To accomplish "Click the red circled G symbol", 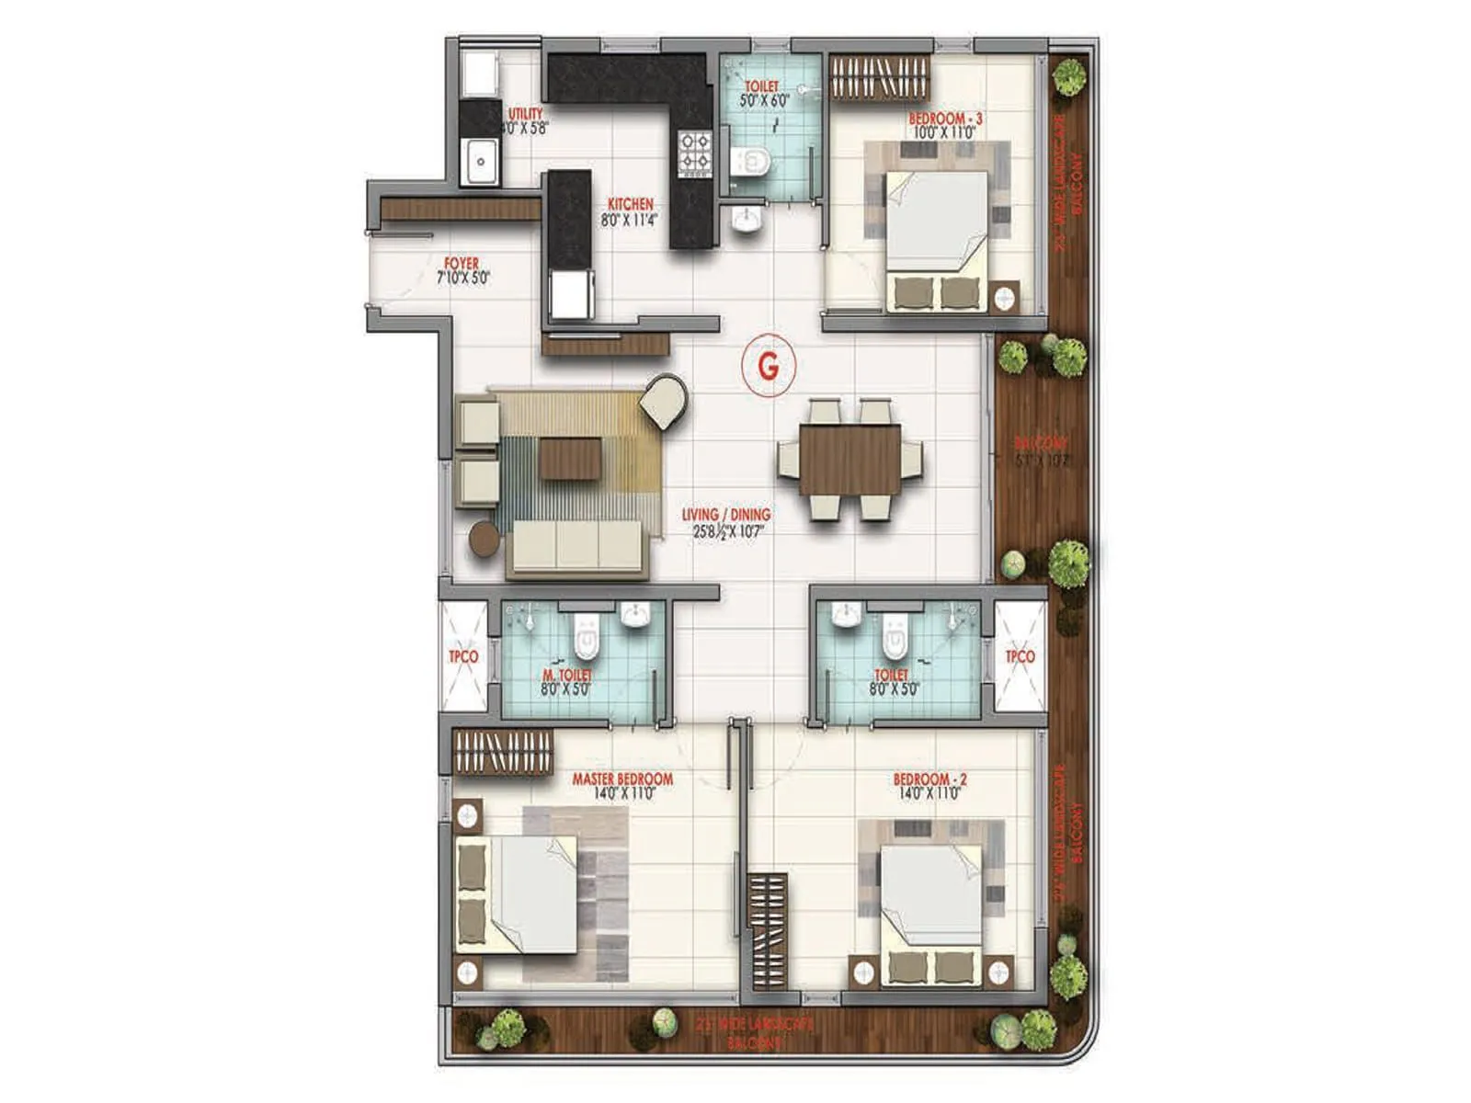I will tap(768, 366).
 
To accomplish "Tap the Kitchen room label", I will tap(630, 205).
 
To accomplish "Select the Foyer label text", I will tap(462, 264).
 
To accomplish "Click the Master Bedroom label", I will tap(622, 779).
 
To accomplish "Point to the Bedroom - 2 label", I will tap(929, 779).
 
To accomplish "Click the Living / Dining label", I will tap(726, 515).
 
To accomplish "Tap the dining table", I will tap(850, 460).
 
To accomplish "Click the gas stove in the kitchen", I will tap(694, 153).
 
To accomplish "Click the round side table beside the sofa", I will tap(485, 540).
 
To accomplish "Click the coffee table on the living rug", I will tap(570, 458).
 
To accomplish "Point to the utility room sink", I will tap(479, 163).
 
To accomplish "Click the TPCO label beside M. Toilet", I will tap(463, 656).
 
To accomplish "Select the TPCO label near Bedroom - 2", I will tap(1020, 656).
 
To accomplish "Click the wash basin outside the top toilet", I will tap(746, 220).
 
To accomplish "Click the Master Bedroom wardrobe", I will tap(502, 751).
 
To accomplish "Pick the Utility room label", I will tap(525, 115).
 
